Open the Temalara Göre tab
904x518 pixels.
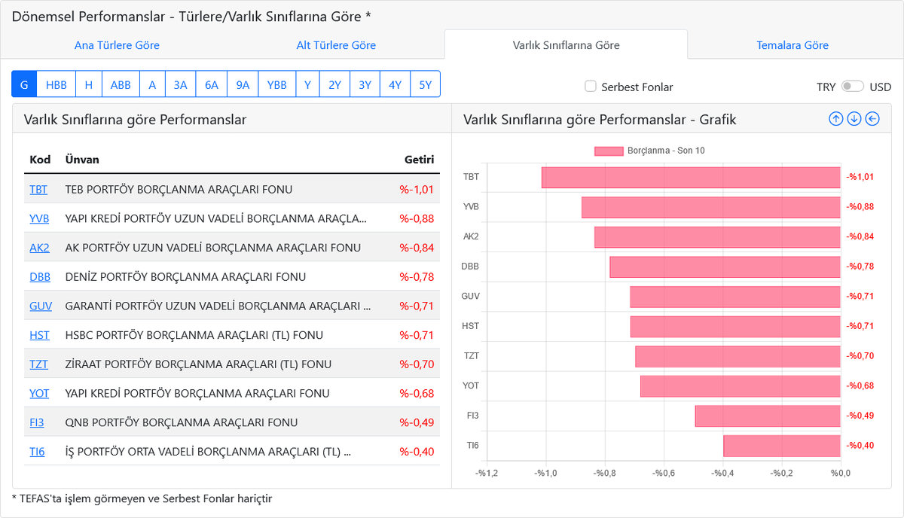click(793, 45)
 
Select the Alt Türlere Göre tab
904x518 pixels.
click(336, 45)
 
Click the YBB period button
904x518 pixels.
click(276, 85)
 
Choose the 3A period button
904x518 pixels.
click(180, 85)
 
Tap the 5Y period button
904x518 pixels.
click(425, 85)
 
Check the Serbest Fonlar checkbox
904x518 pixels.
click(591, 87)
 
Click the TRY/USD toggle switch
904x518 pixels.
click(852, 87)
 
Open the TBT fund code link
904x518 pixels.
click(38, 190)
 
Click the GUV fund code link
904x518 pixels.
click(41, 306)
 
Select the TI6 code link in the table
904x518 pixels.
click(37, 452)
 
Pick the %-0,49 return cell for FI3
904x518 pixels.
click(417, 422)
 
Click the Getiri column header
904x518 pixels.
click(419, 160)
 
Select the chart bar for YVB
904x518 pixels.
click(710, 207)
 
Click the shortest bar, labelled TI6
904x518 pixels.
click(781, 446)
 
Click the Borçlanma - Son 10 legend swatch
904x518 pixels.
click(609, 151)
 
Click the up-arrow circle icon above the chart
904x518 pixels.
click(835, 119)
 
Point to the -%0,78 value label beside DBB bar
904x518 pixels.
click(860, 267)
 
